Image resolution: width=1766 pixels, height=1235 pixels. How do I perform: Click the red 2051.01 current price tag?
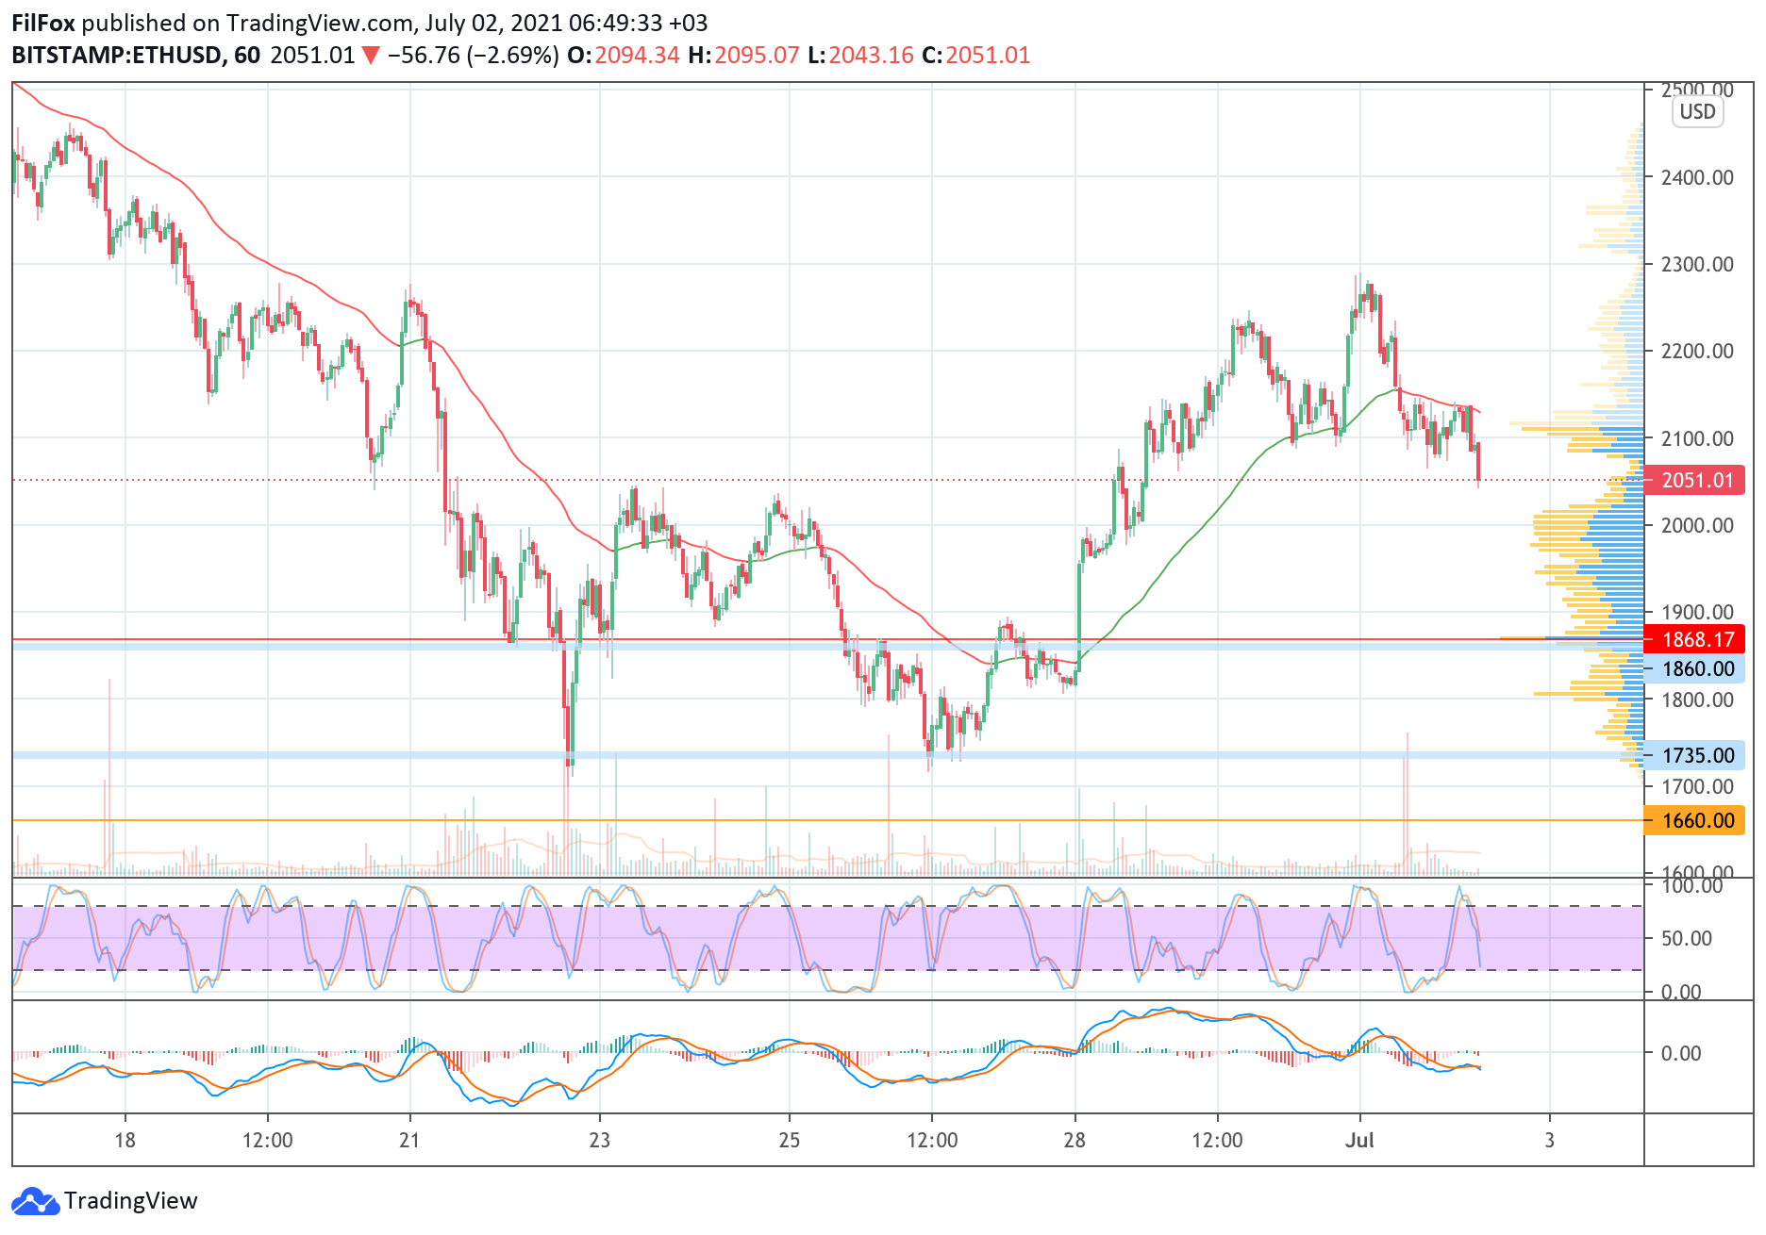coord(1695,480)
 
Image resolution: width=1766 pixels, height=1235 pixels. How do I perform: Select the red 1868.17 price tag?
coord(1695,639)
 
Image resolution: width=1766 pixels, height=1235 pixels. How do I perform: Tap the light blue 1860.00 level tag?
coord(1695,668)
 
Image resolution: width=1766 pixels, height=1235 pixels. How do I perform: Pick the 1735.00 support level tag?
coord(1695,755)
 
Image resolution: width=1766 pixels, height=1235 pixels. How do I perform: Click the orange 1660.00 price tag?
coord(1695,820)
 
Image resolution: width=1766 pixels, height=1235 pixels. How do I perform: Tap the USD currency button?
coord(1697,111)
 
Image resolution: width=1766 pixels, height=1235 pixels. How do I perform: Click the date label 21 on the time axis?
coord(409,1140)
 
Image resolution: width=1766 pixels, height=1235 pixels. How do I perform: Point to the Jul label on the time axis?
coord(1359,1140)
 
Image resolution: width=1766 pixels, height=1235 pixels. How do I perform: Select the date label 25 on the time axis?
coord(790,1140)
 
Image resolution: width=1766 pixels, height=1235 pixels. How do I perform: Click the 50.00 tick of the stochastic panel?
coord(1687,938)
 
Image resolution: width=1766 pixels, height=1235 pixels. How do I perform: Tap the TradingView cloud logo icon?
coord(36,1202)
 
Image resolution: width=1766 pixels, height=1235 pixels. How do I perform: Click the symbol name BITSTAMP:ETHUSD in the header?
coord(117,56)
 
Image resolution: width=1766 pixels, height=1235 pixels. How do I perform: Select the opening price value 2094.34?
coord(637,56)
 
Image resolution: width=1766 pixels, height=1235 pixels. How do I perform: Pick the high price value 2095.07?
coord(757,56)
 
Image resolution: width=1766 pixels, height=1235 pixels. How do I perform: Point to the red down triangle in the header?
coord(371,57)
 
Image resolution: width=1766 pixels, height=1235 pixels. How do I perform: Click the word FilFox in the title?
coord(43,23)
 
